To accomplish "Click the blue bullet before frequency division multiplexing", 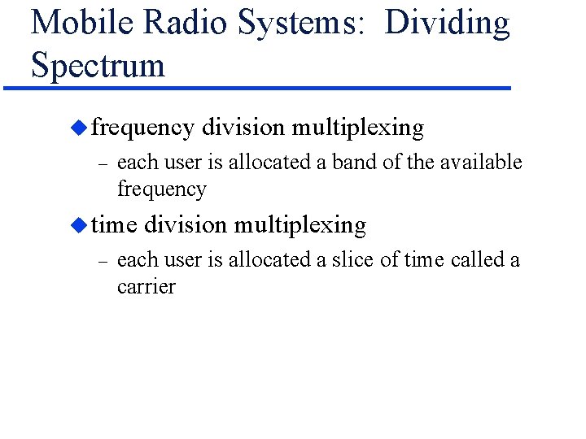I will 78,128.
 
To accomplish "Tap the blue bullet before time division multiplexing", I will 78,224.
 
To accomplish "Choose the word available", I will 481,163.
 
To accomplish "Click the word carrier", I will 146,287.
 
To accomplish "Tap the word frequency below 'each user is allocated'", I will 162,190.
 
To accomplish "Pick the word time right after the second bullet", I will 114,225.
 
